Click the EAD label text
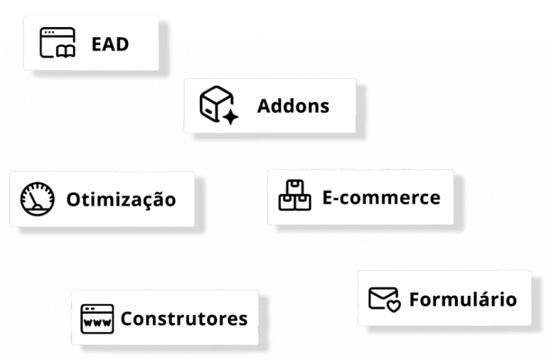click(110, 44)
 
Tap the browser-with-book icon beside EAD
click(57, 43)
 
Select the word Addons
click(293, 106)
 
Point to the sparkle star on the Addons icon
click(230, 116)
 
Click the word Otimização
click(121, 199)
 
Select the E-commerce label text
click(381, 197)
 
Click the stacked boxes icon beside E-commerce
click(294, 196)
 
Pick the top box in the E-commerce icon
click(294, 188)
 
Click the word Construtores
click(184, 318)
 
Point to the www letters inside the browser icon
click(97, 322)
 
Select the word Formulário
click(463, 299)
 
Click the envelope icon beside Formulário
click(384, 297)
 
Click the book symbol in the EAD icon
click(64, 50)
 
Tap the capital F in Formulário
click(414, 299)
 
